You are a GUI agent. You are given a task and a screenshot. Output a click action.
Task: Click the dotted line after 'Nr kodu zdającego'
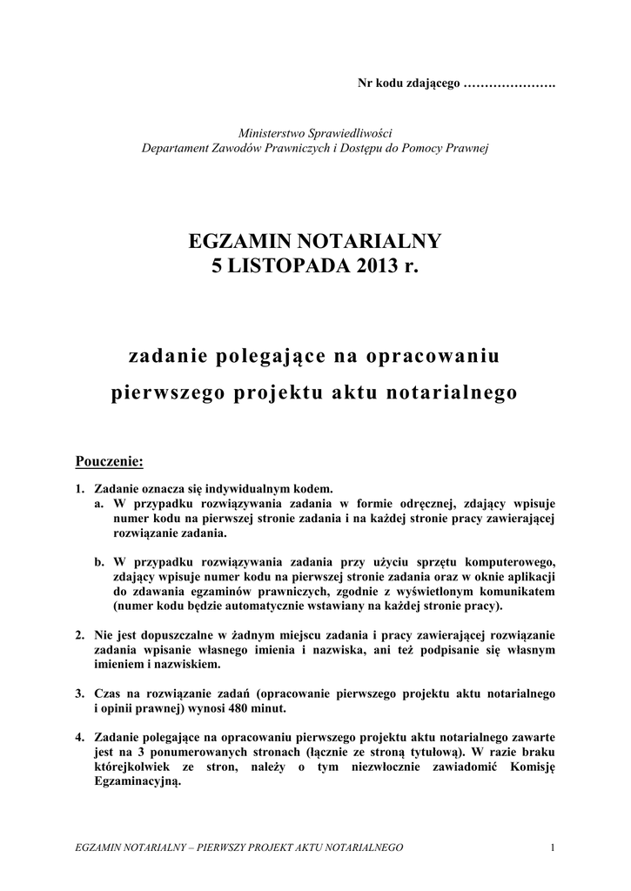[510, 84]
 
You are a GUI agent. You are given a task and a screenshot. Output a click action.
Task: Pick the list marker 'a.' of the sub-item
[100, 503]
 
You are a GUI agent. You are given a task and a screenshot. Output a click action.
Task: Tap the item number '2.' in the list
[80, 635]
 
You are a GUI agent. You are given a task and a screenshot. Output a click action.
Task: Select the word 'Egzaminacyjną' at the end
[137, 781]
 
